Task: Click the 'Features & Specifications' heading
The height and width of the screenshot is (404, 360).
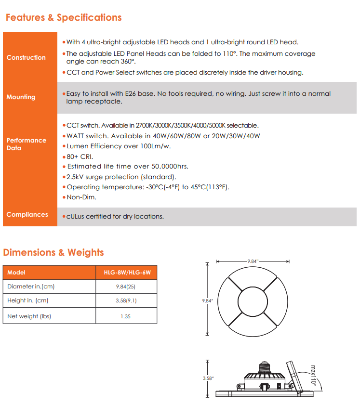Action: click(x=63, y=18)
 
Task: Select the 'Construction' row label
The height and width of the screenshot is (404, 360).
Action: click(x=26, y=57)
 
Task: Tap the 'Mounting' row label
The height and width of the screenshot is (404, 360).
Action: click(x=21, y=97)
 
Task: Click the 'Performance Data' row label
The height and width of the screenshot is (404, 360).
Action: click(x=26, y=144)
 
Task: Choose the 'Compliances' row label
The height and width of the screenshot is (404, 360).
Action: click(x=27, y=214)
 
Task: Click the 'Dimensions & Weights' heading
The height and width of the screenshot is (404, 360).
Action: click(x=53, y=252)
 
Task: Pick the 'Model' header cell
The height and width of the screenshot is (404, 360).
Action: click(x=16, y=273)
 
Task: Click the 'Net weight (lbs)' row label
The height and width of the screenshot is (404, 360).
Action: click(x=29, y=316)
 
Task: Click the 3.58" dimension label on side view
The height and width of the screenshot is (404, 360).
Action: click(x=207, y=378)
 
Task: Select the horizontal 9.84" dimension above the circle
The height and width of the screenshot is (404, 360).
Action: click(x=253, y=261)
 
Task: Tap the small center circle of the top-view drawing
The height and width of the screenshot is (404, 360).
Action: click(x=253, y=301)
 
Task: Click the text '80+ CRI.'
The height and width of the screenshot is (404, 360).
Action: click(x=80, y=156)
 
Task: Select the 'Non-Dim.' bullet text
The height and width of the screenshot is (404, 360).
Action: click(x=81, y=197)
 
